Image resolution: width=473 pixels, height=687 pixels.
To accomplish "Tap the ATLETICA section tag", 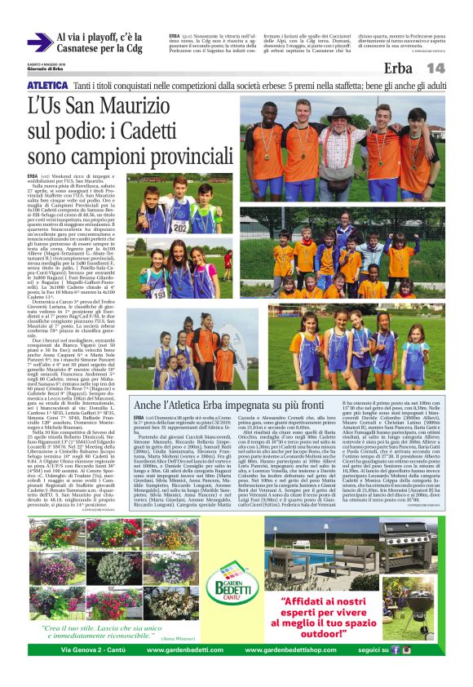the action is pyautogui.click(x=46, y=85).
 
